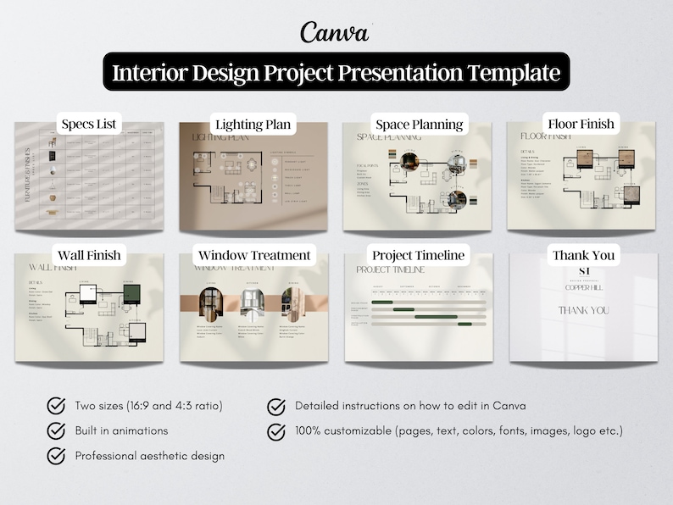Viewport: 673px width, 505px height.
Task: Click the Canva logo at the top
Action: (335, 32)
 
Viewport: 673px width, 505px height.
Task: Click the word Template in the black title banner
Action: (512, 73)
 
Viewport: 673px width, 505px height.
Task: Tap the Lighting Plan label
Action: (253, 125)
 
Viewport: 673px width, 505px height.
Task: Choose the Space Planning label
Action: (419, 125)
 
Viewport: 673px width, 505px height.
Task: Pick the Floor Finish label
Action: (581, 124)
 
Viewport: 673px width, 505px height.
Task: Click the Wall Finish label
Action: (89, 254)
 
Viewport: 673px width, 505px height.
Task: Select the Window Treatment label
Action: (254, 255)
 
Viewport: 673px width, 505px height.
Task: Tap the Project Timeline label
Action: (419, 255)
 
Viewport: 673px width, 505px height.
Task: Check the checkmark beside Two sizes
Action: (57, 406)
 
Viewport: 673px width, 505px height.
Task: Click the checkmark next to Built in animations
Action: (57, 430)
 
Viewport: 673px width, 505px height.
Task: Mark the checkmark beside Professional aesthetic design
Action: (57, 456)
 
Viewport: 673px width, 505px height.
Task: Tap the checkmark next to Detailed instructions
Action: (276, 406)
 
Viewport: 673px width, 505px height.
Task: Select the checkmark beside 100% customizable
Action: (276, 431)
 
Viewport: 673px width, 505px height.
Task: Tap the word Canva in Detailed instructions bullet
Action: (509, 406)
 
